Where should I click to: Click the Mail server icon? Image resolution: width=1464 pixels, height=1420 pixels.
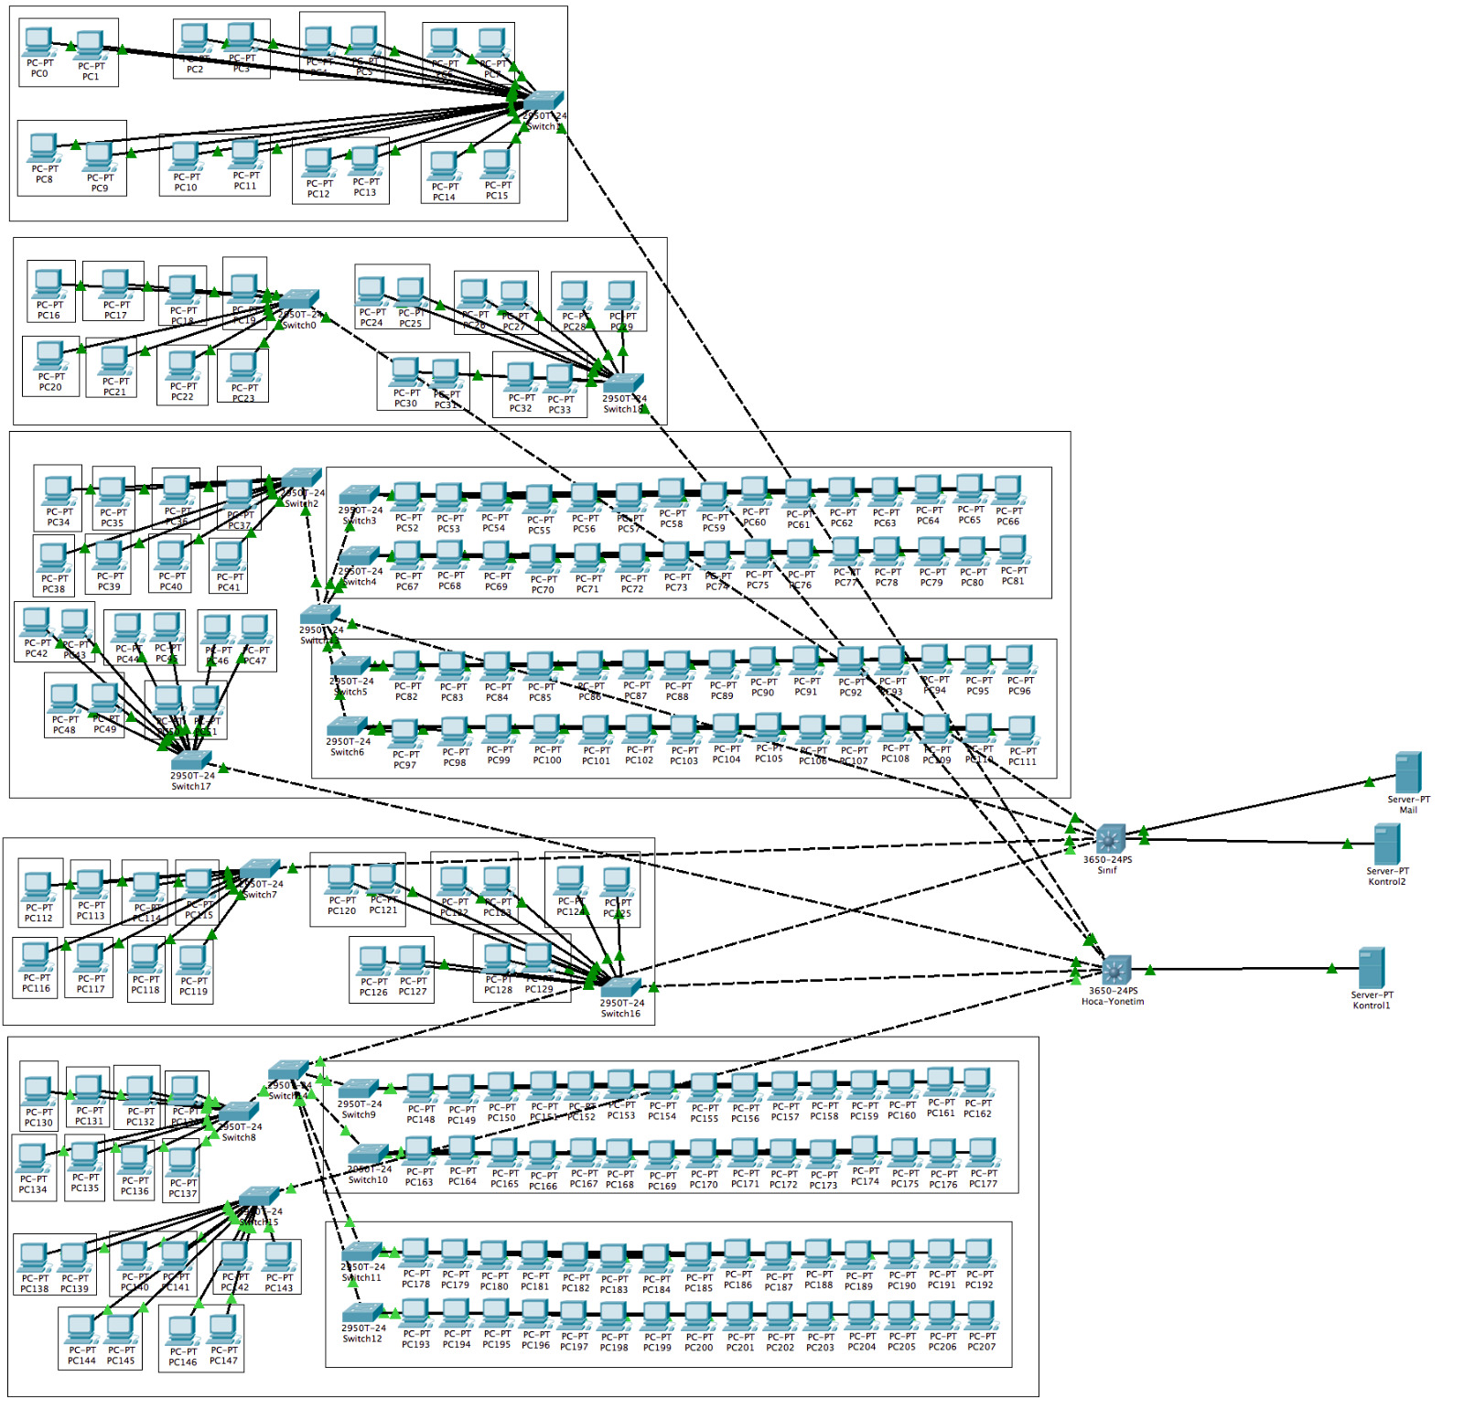(x=1407, y=773)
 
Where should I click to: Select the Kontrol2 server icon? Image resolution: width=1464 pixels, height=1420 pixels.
(x=1386, y=844)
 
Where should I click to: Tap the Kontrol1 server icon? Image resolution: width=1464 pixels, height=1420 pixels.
(x=1371, y=968)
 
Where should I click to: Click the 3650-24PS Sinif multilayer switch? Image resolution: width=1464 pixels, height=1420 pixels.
(x=1110, y=838)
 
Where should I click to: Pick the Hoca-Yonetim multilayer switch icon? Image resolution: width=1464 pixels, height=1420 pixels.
(x=1116, y=970)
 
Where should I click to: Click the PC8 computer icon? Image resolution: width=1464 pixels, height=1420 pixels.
(x=43, y=148)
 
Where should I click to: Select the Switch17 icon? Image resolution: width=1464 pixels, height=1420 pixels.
(x=191, y=759)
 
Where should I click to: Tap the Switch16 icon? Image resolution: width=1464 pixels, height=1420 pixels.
(x=621, y=986)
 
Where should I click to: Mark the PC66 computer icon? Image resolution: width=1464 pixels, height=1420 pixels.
(x=1007, y=490)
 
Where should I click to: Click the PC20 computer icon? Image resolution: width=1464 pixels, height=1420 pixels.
(x=49, y=355)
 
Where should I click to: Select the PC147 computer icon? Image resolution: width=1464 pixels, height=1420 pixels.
(x=222, y=1329)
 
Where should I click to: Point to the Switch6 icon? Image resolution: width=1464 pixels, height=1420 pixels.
(x=348, y=726)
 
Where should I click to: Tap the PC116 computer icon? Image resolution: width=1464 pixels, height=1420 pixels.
(x=36, y=957)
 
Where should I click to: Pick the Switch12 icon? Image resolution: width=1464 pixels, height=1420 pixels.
(x=362, y=1312)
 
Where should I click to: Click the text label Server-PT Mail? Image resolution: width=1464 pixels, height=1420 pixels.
(x=1408, y=804)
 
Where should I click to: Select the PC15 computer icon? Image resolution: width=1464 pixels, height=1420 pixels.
(x=497, y=166)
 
